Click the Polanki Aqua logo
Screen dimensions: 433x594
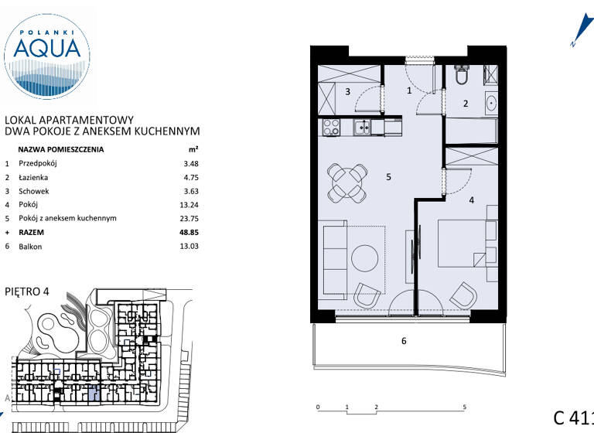click(x=46, y=53)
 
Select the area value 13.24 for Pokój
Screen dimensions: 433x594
click(x=189, y=204)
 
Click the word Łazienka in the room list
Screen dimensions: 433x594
click(x=34, y=177)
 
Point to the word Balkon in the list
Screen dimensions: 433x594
click(x=30, y=247)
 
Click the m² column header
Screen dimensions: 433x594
click(x=193, y=150)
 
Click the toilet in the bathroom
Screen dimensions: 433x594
click(x=462, y=76)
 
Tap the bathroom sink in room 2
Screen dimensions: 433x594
click(x=490, y=102)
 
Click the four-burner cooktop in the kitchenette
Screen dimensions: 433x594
click(x=331, y=128)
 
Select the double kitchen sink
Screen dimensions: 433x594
click(x=363, y=128)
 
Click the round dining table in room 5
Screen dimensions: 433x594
click(x=346, y=182)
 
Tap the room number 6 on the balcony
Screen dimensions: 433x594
click(x=404, y=340)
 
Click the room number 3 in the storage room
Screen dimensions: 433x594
click(x=348, y=92)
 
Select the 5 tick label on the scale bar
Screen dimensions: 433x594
click(x=464, y=407)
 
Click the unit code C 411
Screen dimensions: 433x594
click(x=572, y=418)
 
